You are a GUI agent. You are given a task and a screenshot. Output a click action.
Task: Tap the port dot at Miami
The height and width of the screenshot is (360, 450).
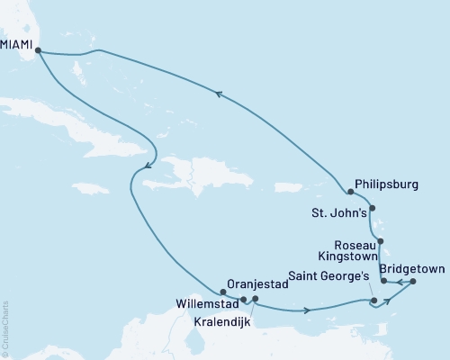[x=38, y=51]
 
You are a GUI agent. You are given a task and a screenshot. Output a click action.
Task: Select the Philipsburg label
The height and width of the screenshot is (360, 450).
[x=388, y=184]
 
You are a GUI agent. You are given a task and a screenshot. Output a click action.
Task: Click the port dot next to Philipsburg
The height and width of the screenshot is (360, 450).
[x=349, y=191]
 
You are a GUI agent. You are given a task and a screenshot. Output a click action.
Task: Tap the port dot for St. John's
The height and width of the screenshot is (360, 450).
[x=373, y=209]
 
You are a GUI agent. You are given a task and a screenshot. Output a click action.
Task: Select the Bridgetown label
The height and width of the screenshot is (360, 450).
[x=413, y=269]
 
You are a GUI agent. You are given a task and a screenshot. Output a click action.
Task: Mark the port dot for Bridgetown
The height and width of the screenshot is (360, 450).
[x=413, y=282]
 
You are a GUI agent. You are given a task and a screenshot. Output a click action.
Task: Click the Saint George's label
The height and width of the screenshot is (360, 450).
[x=327, y=276]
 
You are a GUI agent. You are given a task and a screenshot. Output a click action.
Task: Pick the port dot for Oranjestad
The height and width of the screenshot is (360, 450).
[x=222, y=292]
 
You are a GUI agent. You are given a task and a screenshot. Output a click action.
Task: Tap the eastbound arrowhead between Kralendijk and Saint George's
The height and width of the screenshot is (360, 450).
[x=309, y=310]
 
